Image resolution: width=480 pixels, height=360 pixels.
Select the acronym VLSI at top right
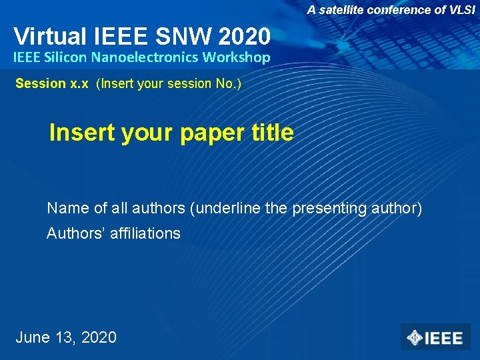461,10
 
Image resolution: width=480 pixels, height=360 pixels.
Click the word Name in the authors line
68,208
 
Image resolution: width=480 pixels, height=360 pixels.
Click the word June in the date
33,337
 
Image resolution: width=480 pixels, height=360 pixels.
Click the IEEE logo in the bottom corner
435,337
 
